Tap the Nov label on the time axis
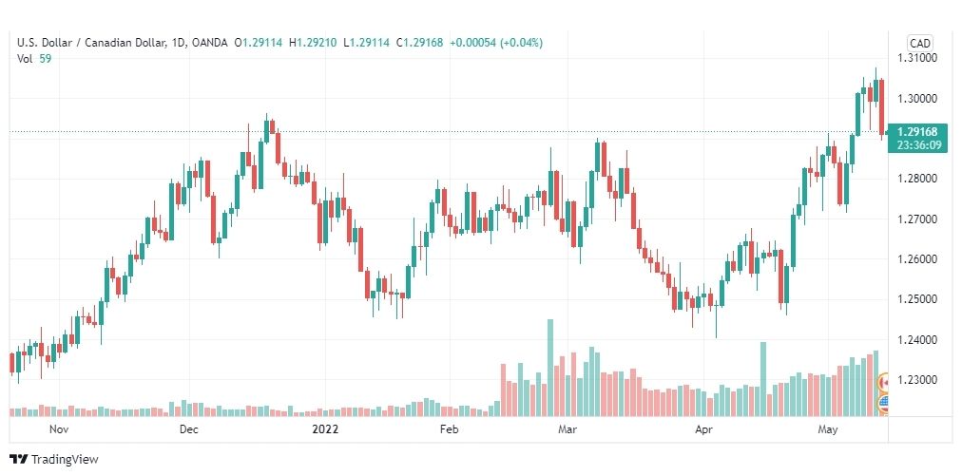59,429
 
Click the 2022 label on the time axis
325,429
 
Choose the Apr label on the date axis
703,429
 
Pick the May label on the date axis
828,429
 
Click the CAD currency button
919,43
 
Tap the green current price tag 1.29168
917,132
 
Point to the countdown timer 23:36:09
917,144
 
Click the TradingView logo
54,459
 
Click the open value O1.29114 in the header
259,43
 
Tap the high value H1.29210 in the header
313,43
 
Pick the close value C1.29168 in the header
419,43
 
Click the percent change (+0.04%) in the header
522,43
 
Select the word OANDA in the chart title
208,43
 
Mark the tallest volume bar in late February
550,368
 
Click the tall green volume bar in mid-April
763,379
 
